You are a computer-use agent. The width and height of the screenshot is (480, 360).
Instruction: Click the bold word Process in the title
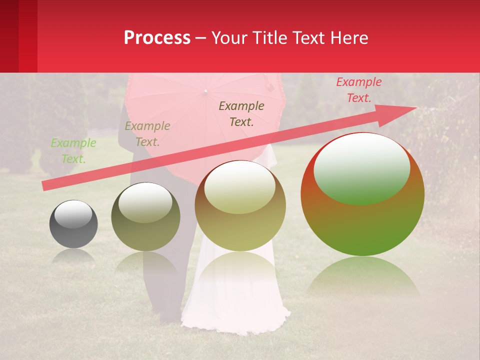coord(157,37)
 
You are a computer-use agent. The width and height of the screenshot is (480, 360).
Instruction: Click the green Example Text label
coord(73,150)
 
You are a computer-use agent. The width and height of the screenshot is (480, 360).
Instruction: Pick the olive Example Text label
coord(147,133)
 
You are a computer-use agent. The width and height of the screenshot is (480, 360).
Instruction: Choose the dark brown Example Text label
coord(241,113)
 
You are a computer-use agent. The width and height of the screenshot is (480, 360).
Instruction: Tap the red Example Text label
coord(359,90)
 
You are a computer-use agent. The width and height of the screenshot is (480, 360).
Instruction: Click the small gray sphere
coord(73,224)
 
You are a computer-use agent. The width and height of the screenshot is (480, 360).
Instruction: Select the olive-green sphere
coord(145,216)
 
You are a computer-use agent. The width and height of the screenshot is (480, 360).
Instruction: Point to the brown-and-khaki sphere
coord(240,206)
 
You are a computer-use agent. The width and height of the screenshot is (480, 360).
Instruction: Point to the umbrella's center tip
coord(205,91)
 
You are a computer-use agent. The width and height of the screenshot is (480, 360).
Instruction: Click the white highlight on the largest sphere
coord(361,167)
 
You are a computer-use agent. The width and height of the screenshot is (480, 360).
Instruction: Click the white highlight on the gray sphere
coord(73,214)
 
